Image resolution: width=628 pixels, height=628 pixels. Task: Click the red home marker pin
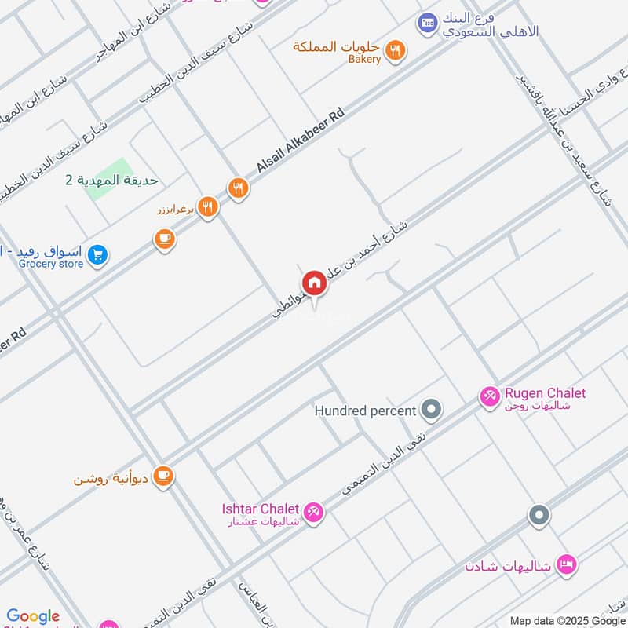[x=314, y=283]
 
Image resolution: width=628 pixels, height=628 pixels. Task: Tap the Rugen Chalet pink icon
[x=490, y=397]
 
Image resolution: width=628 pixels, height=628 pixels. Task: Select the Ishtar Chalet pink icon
[x=314, y=512]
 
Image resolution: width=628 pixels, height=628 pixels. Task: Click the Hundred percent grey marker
[x=431, y=409]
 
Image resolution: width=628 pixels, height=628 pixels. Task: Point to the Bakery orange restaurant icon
[x=397, y=51]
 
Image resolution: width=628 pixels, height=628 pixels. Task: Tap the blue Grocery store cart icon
[x=97, y=255]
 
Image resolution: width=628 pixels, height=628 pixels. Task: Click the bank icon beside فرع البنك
[x=428, y=23]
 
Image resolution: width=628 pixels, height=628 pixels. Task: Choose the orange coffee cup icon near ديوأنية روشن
[x=163, y=476]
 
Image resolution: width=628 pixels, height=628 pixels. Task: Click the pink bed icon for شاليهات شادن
[x=566, y=564]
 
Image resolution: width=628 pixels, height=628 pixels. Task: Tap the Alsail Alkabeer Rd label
[x=301, y=141]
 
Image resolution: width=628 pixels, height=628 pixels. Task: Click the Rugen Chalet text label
[x=545, y=393]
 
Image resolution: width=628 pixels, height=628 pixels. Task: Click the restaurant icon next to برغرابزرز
[x=207, y=207]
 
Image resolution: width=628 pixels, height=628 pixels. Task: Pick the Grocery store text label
[x=51, y=264]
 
